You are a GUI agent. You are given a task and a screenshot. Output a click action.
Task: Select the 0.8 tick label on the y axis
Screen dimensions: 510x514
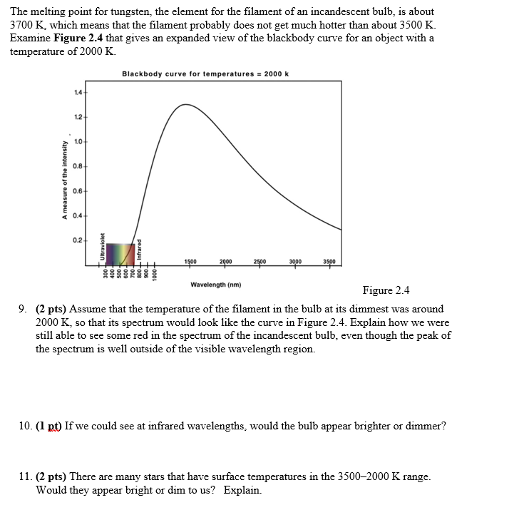(x=78, y=166)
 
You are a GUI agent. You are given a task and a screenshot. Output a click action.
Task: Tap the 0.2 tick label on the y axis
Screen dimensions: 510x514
(x=78, y=240)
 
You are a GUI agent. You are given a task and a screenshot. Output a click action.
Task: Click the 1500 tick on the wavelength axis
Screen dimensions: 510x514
(x=192, y=262)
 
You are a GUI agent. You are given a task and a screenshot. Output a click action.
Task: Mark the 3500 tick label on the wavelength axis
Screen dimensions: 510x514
(x=330, y=262)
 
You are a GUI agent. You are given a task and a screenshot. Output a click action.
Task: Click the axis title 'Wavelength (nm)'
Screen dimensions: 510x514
(x=215, y=285)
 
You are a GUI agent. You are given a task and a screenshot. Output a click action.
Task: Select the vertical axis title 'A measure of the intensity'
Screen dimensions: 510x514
(x=65, y=178)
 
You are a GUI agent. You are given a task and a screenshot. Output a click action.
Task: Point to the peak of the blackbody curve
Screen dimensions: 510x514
(x=185, y=104)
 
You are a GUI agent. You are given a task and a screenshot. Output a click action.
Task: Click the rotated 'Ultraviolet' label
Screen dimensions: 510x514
(x=103, y=248)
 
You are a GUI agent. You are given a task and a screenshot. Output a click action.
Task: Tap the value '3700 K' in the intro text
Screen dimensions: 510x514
(x=27, y=25)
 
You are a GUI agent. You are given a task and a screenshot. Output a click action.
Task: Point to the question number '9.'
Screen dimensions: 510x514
(x=24, y=309)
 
